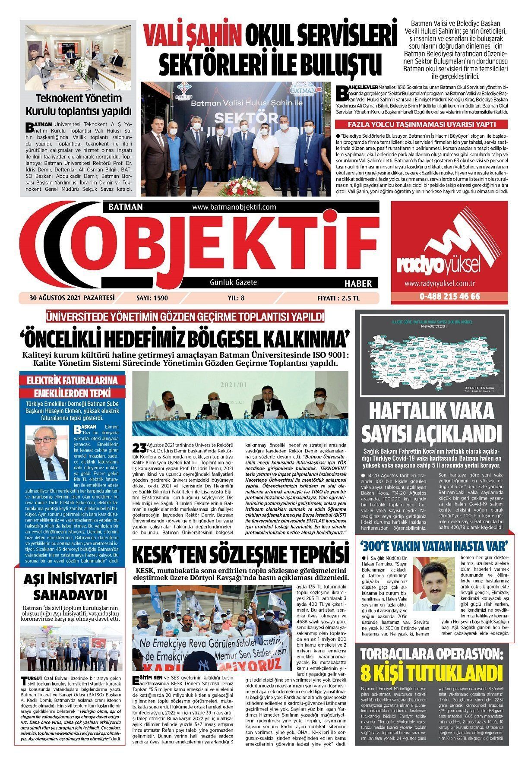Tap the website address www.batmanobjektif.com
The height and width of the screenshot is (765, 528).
tap(234, 207)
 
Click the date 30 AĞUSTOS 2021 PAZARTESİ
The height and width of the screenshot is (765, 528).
tap(72, 297)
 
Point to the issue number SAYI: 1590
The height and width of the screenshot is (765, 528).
tap(152, 297)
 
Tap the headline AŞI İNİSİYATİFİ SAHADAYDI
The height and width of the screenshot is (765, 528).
tap(69, 586)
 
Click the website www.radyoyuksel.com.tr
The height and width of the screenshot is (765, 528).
tap(440, 284)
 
